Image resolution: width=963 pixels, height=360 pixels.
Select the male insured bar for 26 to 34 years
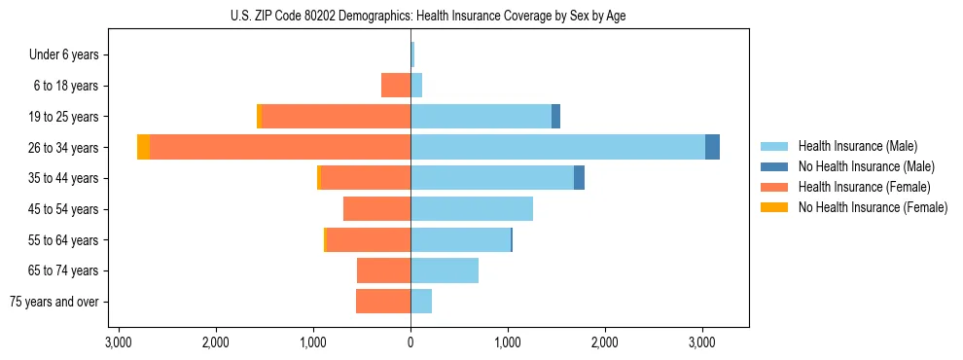(557, 147)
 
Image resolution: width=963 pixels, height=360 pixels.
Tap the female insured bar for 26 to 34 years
(280, 147)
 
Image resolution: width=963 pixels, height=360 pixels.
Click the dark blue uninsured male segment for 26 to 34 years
(712, 147)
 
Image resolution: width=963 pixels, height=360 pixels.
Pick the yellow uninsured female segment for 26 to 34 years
(143, 147)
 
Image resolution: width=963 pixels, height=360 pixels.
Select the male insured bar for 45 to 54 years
(472, 208)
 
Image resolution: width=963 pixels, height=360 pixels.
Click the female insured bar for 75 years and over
(383, 302)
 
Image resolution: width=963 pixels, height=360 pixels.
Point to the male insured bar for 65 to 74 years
(445, 270)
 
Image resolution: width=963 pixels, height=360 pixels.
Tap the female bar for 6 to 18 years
(396, 86)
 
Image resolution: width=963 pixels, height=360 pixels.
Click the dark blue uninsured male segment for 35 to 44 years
(579, 178)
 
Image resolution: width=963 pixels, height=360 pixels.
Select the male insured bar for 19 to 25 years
(481, 117)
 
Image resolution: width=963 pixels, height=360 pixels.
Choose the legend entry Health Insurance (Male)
(857, 146)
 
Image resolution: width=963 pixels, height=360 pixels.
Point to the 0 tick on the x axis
(410, 342)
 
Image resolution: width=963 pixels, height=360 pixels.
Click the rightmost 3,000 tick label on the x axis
(702, 342)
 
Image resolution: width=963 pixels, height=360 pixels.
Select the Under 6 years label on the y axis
(70, 55)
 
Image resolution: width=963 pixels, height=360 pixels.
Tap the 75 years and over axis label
(54, 302)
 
